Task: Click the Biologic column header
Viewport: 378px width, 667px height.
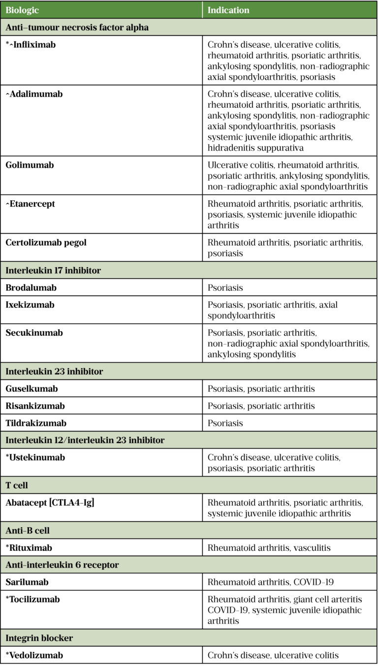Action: point(22,10)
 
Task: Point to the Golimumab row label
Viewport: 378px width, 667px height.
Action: point(30,165)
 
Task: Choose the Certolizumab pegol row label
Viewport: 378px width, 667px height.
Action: point(46,242)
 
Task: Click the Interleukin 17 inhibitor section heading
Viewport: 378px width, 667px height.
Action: point(54,270)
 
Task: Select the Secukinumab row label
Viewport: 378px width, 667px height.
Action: point(34,333)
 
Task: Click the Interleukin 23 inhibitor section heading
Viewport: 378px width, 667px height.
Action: point(54,371)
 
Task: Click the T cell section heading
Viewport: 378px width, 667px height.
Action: point(17,485)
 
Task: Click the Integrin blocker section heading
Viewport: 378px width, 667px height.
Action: point(39,638)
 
